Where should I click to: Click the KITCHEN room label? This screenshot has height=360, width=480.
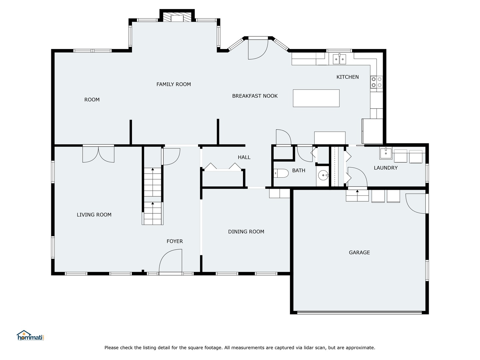click(347, 77)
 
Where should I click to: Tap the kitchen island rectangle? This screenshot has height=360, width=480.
click(316, 98)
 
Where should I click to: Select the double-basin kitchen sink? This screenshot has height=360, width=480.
click(339, 59)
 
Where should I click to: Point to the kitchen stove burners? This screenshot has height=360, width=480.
click(377, 82)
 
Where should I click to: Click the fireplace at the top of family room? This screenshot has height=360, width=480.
click(177, 18)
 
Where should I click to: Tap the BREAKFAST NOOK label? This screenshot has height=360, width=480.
click(255, 96)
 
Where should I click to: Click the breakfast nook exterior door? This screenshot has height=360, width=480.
click(258, 49)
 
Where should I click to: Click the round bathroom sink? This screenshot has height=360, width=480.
click(323, 175)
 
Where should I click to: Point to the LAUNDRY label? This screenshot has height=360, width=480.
click(385, 168)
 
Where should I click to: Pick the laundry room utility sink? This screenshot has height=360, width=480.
click(386, 154)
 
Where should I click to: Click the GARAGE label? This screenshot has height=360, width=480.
click(359, 253)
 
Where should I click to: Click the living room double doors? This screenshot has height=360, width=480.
click(98, 154)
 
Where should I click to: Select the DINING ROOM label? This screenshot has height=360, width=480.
click(246, 232)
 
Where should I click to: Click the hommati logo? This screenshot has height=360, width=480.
click(30, 336)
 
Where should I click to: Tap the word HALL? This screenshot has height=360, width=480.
click(244, 157)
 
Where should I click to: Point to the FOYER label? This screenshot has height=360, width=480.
click(175, 241)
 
